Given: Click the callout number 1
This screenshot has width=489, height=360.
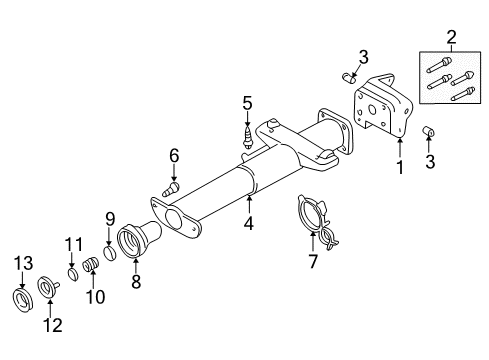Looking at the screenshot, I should pyautogui.click(x=400, y=169).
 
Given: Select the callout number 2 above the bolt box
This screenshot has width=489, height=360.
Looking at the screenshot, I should pyautogui.click(x=451, y=38).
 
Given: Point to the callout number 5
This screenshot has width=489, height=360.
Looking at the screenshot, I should pyautogui.click(x=245, y=101).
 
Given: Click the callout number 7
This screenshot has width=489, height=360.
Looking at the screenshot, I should pyautogui.click(x=312, y=263).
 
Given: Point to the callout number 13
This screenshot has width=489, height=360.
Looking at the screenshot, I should pyautogui.click(x=21, y=262).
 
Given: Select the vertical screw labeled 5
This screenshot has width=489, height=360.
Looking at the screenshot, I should pyautogui.click(x=245, y=133).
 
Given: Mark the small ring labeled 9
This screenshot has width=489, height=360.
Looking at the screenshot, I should pyautogui.click(x=111, y=250).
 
